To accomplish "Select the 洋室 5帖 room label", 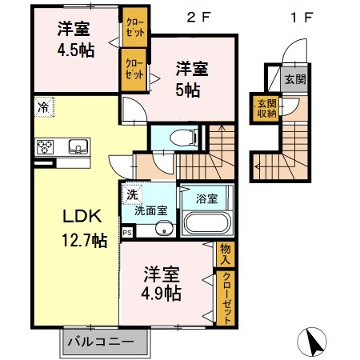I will [192, 78].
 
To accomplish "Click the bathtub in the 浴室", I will [206, 223].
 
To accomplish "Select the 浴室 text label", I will [206, 198].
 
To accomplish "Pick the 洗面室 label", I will [150, 211].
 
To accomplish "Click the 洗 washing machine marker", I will [130, 194].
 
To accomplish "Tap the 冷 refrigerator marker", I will [42, 106].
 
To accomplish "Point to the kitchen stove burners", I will [45, 146].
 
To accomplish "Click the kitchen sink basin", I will [78, 146].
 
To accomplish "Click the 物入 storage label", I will [226, 254].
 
